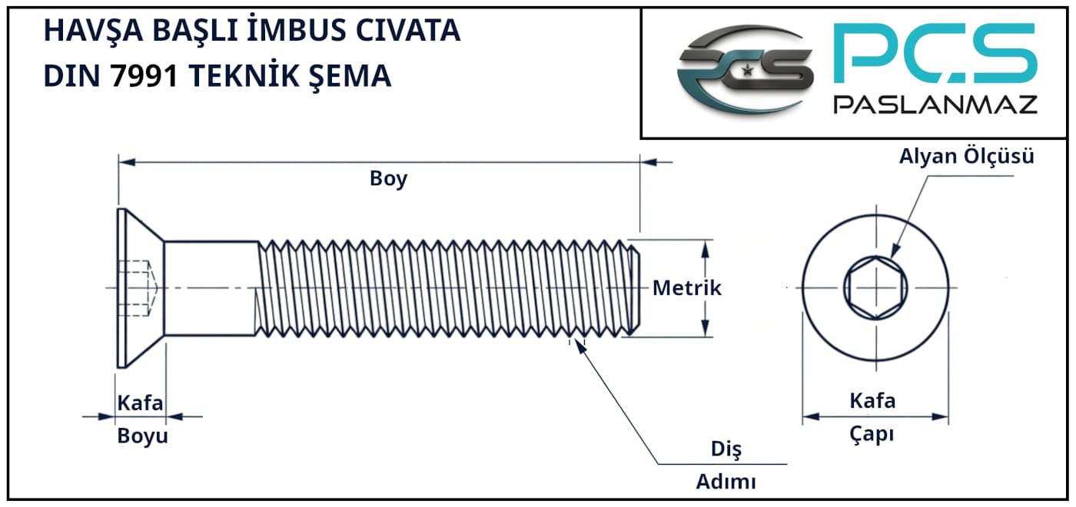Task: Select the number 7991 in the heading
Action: [144, 76]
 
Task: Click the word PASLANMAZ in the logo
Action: [935, 104]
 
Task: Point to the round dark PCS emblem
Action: [745, 71]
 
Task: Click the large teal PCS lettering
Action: [935, 53]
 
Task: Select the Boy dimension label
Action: [388, 179]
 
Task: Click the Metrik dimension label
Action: [687, 288]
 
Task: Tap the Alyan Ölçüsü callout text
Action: [967, 156]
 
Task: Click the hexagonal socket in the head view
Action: [875, 288]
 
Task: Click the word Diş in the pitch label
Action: [726, 449]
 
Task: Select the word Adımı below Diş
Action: [726, 482]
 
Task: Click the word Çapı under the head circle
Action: [872, 435]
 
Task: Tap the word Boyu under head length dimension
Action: [143, 436]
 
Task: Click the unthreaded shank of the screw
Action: [211, 288]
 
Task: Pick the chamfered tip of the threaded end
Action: [634, 288]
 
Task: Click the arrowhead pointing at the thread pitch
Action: [581, 346]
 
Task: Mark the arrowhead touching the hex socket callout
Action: [895, 250]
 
